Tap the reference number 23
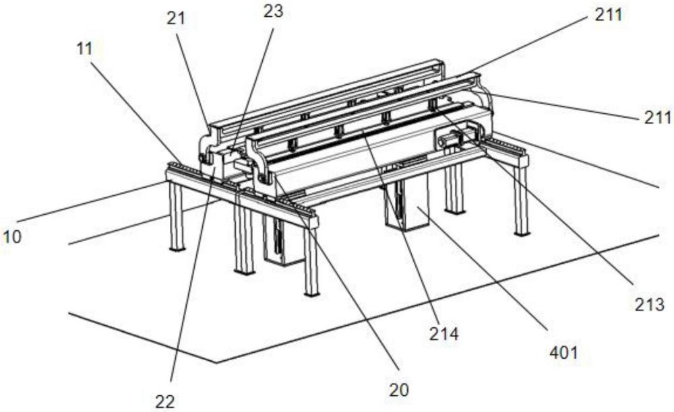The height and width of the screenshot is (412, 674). pyautogui.click(x=274, y=11)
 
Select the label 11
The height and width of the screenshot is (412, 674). pyautogui.click(x=84, y=48)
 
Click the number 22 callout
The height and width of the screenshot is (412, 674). pyautogui.click(x=165, y=402)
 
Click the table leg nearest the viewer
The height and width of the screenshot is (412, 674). pyautogui.click(x=311, y=263)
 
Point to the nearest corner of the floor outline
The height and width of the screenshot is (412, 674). pyautogui.click(x=217, y=363)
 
